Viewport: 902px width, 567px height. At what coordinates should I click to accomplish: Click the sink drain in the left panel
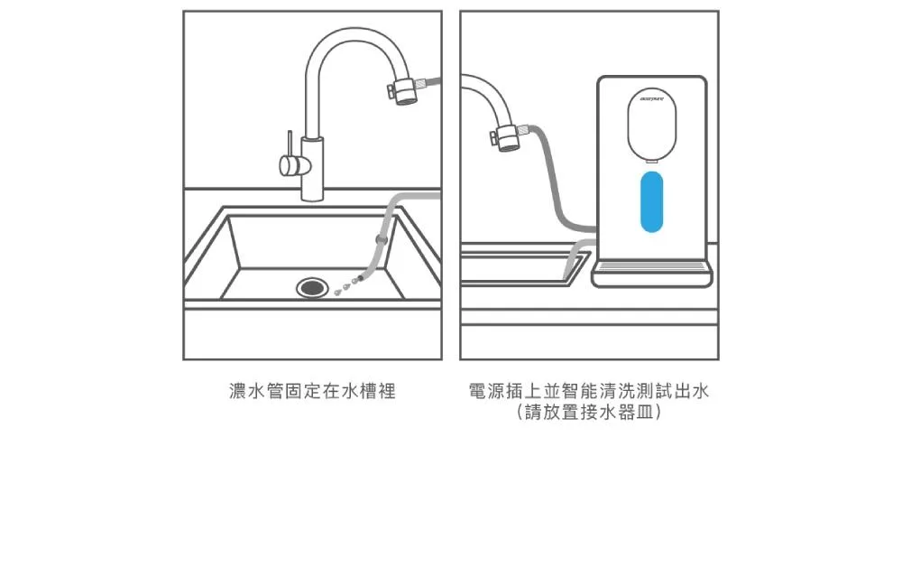point(312,287)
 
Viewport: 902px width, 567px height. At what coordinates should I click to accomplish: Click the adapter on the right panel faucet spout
point(510,137)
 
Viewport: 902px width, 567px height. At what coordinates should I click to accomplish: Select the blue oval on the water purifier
point(650,203)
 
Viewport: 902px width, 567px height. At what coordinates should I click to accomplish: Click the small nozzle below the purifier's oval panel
point(650,162)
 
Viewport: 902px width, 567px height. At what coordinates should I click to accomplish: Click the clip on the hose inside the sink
point(380,241)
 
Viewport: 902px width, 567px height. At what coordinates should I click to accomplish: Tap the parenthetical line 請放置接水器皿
point(590,413)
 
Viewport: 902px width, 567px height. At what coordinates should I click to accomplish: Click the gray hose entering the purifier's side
point(577,225)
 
